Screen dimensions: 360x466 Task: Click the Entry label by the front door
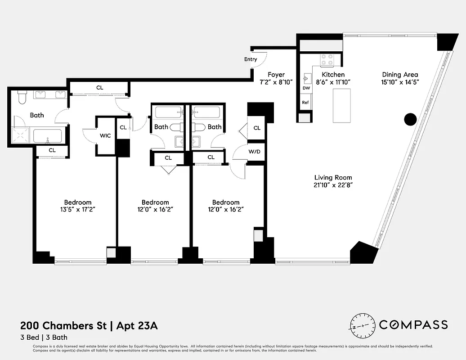tap(251, 59)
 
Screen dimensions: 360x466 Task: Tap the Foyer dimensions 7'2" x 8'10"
tap(276, 82)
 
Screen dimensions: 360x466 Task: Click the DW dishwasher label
tap(306, 88)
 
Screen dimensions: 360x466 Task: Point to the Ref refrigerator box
tap(305, 103)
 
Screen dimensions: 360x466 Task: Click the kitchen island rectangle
tap(341, 105)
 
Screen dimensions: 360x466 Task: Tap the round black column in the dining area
tap(410, 119)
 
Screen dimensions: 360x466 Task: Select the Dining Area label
tap(400, 75)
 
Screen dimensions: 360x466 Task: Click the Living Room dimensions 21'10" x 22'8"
tap(333, 185)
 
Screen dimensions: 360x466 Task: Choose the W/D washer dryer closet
tap(254, 152)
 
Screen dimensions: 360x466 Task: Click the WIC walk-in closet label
tap(106, 135)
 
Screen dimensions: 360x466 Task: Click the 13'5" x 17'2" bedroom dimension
tap(77, 210)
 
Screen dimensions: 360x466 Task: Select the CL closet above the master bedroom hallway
tap(100, 87)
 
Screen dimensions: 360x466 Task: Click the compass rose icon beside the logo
tap(363, 325)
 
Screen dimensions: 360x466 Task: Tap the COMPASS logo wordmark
tap(413, 325)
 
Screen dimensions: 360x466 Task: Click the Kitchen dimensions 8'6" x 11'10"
tap(333, 82)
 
